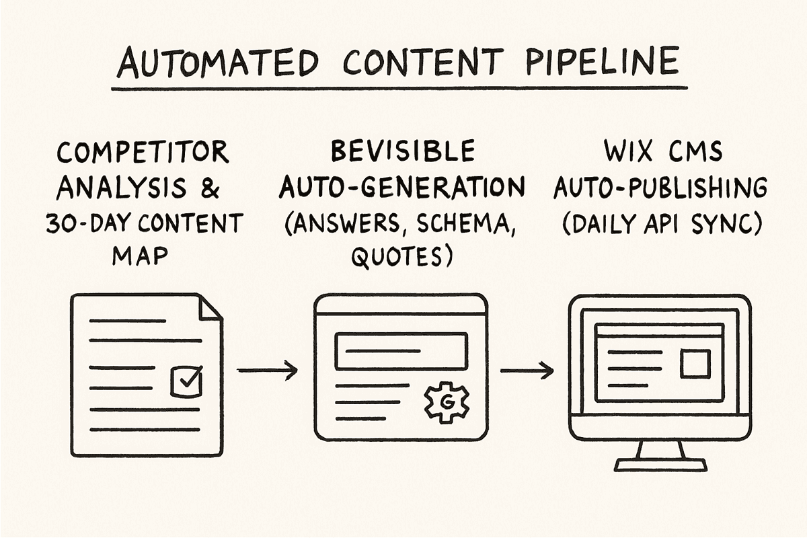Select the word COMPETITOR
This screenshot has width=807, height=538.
point(143,152)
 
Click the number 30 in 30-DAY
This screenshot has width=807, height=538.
point(59,223)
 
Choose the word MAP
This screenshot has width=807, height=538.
point(140,256)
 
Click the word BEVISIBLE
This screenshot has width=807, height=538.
point(403,151)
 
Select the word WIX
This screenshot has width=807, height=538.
point(627,151)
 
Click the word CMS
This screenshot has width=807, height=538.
point(695,151)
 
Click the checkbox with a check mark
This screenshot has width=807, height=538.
point(186,381)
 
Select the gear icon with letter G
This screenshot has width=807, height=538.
point(447,403)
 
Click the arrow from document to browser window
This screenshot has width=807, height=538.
point(268,370)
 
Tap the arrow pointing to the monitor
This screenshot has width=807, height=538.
point(527,371)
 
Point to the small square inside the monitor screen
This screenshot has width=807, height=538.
point(695,364)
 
